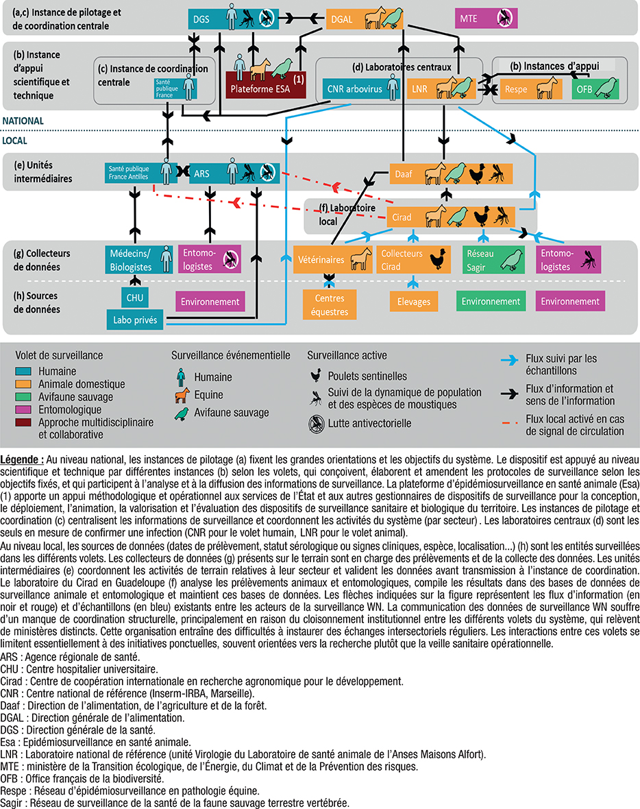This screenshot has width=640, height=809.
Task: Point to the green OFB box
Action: pos(596,89)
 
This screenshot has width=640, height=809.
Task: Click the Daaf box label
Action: pos(404,174)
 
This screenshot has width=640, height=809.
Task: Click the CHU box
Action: pos(134,298)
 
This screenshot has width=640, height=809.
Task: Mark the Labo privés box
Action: pos(134,319)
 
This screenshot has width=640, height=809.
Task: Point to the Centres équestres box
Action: pos(330,305)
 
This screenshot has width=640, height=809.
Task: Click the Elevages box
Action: pos(413,301)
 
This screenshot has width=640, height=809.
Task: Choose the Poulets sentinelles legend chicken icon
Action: pos(316,376)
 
